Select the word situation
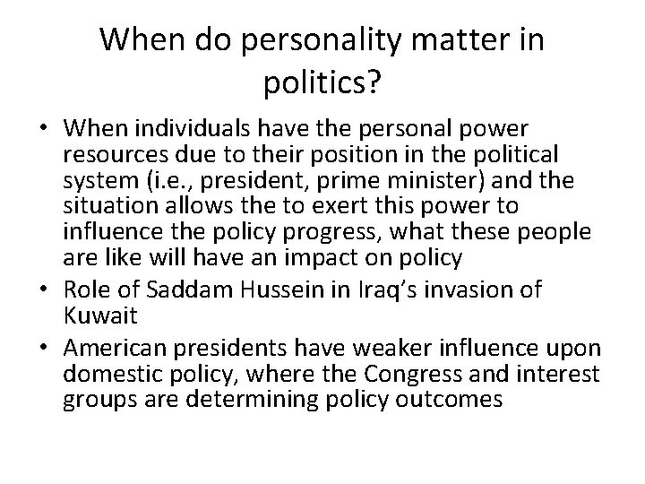point(107,206)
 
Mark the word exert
point(338,206)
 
